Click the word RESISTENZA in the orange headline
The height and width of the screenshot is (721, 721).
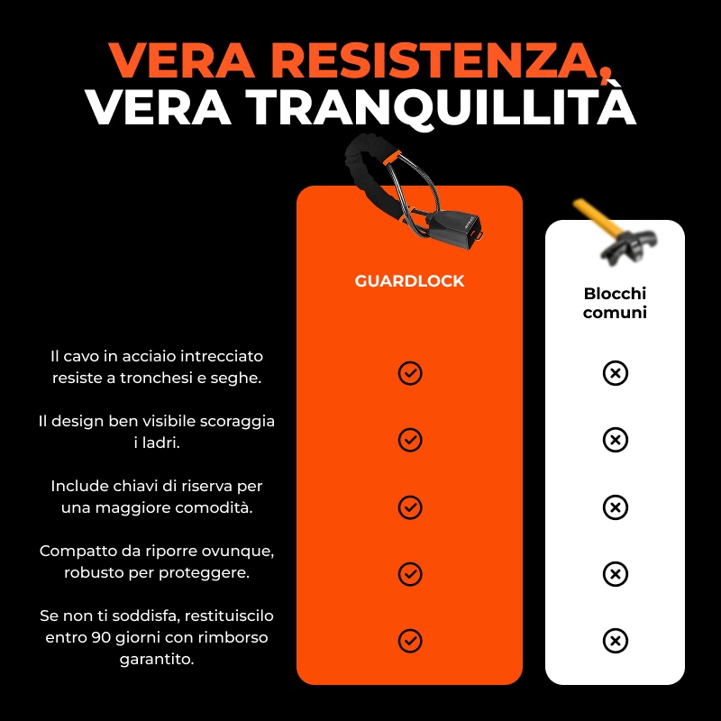click(439, 60)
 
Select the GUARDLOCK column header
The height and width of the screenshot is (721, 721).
click(409, 281)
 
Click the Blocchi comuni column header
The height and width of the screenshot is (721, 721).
click(615, 303)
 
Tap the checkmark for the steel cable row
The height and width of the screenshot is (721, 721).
click(410, 373)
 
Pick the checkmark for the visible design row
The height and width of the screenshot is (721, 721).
click(410, 440)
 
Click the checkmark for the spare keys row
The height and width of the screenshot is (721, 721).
click(410, 507)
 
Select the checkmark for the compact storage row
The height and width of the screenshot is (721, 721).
click(410, 574)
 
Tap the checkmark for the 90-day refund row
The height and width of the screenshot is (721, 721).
click(410, 641)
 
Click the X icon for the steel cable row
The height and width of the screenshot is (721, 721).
click(616, 373)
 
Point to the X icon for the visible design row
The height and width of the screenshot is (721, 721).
click(616, 440)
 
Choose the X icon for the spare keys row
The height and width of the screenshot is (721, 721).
click(616, 507)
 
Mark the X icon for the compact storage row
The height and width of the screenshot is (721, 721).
click(616, 574)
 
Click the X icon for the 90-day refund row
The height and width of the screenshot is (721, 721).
click(616, 641)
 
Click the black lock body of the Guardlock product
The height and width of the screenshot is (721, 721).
click(453, 230)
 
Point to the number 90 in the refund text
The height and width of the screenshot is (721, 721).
click(101, 638)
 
